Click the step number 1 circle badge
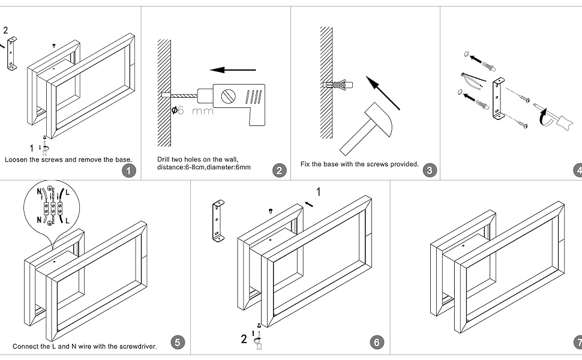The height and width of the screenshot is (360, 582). (128, 170)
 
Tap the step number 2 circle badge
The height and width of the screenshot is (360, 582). (279, 170)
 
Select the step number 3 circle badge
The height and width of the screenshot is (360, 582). (430, 170)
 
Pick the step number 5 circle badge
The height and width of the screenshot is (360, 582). (177, 343)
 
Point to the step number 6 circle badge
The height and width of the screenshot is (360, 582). (377, 343)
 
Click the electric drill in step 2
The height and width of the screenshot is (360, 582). (236, 98)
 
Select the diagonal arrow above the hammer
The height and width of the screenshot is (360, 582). (383, 93)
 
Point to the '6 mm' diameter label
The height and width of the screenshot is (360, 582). (192, 111)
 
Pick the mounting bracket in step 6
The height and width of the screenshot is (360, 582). (218, 220)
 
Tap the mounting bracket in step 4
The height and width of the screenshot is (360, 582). (497, 98)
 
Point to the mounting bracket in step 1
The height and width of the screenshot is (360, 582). (12, 53)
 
